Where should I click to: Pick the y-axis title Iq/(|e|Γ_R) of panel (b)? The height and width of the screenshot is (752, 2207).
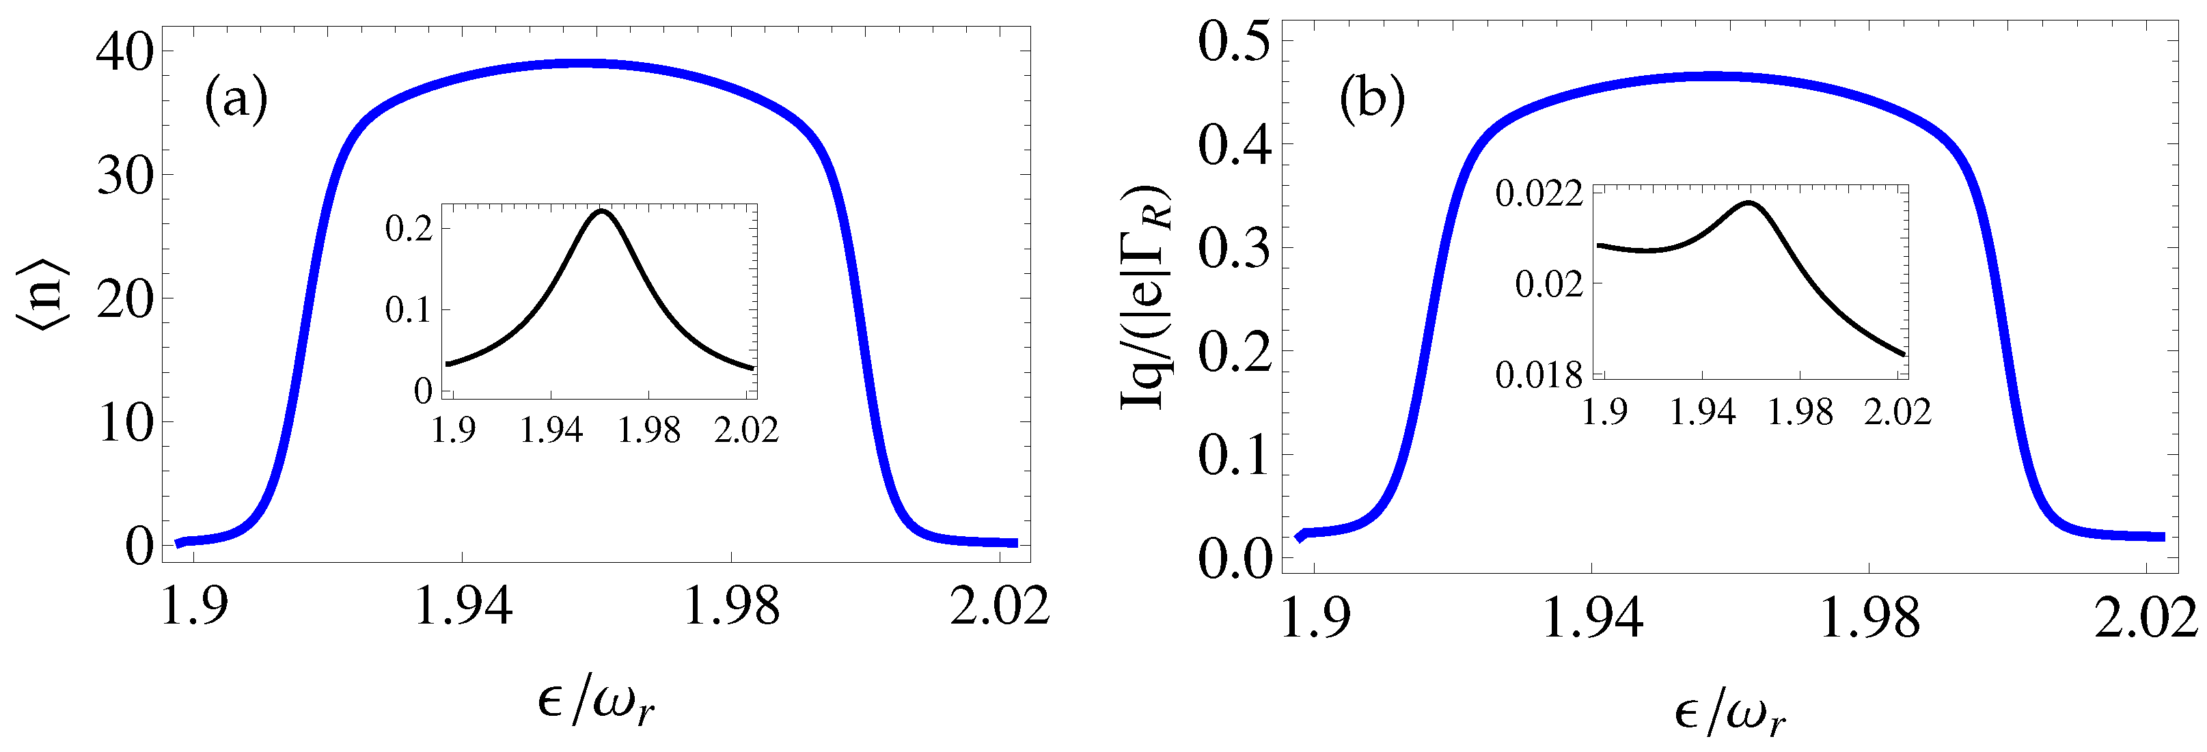[x=1147, y=296]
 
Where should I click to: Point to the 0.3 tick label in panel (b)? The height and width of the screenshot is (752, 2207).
[x=1234, y=249]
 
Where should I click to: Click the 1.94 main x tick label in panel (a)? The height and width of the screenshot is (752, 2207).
[x=463, y=607]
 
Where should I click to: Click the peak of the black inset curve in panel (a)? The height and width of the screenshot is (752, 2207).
[x=601, y=210]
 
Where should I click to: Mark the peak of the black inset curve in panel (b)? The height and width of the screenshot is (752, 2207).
[x=1748, y=203]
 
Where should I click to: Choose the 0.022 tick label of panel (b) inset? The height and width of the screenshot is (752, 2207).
[x=1539, y=195]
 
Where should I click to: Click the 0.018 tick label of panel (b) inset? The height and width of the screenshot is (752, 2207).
[x=1539, y=375]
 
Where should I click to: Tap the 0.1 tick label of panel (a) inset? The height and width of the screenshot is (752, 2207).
[x=409, y=310]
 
